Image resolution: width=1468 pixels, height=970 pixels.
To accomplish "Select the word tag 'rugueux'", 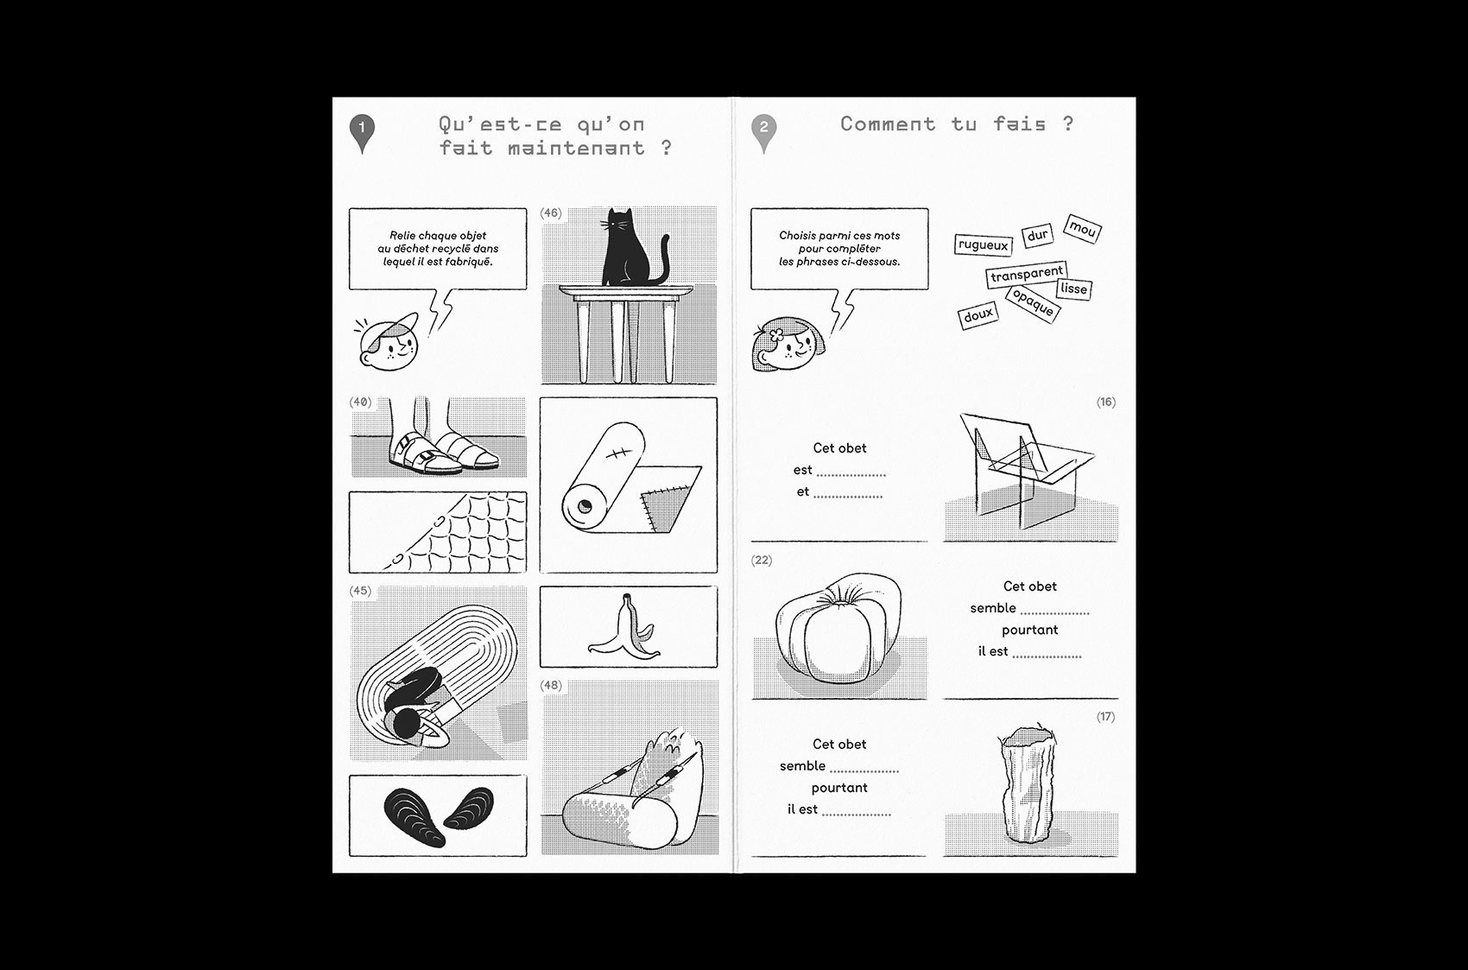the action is [983, 245].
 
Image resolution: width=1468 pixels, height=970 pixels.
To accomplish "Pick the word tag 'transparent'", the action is [1027, 274].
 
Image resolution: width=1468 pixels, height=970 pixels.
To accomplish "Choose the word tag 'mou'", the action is [1083, 228].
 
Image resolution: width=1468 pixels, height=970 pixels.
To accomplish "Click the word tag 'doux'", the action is [978, 316].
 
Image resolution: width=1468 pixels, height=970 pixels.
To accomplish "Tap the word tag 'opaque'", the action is [1033, 303].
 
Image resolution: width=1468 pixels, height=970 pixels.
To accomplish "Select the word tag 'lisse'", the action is [1073, 289].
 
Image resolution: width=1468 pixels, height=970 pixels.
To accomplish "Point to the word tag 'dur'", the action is [1038, 235].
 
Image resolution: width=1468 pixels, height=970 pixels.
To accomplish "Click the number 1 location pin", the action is [362, 133].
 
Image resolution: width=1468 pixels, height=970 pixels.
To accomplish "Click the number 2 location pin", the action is [763, 133].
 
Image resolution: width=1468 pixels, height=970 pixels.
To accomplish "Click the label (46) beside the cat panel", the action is [551, 213].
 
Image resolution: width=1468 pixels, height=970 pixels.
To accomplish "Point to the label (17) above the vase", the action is [1105, 716].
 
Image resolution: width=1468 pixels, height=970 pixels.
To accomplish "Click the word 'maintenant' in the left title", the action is [577, 148].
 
